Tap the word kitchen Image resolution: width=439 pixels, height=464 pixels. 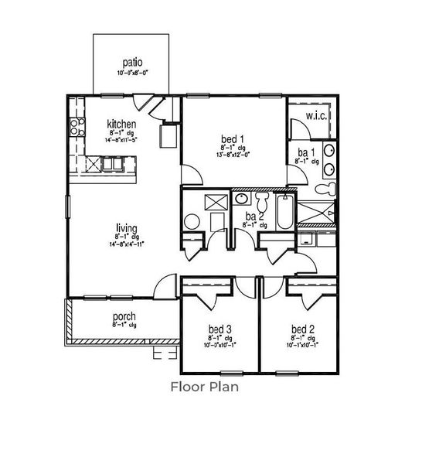click(x=121, y=124)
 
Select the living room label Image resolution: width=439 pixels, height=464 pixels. click(x=127, y=228)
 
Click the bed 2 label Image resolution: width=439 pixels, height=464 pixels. click(x=303, y=329)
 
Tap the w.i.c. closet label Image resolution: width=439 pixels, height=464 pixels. click(x=317, y=117)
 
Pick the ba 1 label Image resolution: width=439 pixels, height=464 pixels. click(x=306, y=151)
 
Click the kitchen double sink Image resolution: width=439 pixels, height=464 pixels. click(x=113, y=163)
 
